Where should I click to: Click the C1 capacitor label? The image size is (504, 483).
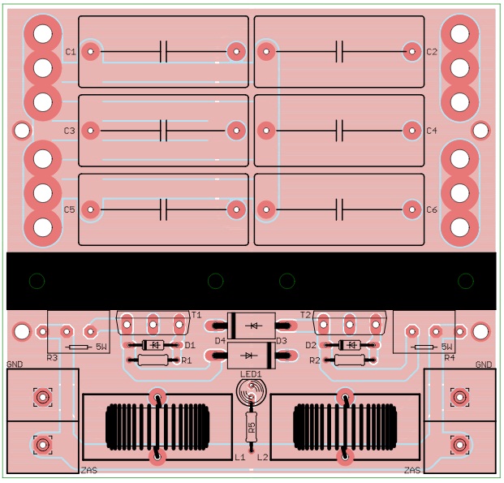point(71,52)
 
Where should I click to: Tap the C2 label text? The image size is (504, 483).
point(432,52)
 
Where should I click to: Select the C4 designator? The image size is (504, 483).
point(432,131)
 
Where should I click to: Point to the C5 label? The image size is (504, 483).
point(70,209)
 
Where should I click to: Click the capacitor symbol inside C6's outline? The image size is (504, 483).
point(339,209)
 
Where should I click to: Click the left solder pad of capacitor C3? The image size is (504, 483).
point(91,131)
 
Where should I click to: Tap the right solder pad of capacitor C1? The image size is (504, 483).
point(236,51)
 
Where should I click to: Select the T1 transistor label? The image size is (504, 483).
point(196,315)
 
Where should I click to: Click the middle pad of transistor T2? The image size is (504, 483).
point(350,324)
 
